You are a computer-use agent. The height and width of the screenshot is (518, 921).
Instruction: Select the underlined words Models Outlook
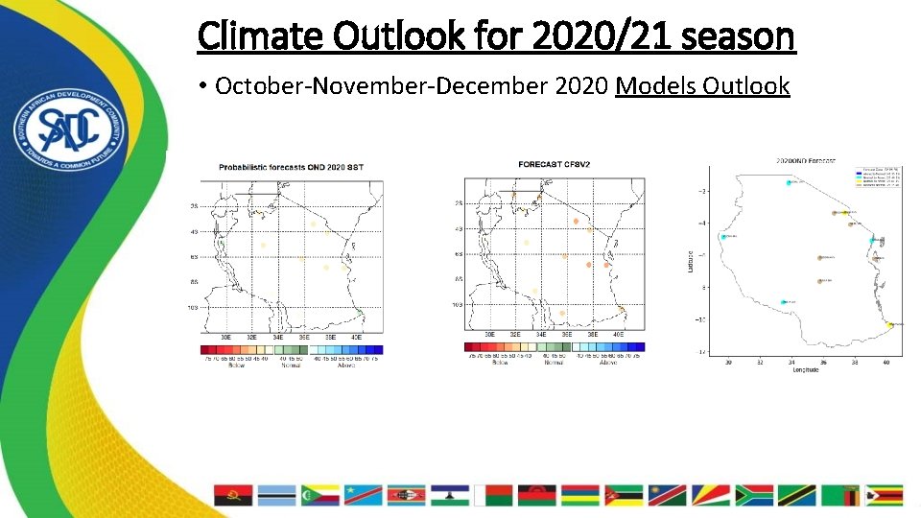[702, 86]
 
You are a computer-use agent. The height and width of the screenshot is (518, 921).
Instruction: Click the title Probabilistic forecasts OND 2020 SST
[291, 167]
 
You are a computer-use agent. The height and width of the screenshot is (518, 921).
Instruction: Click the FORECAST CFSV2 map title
[554, 164]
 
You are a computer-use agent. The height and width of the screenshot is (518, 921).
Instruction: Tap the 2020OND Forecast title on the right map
[806, 160]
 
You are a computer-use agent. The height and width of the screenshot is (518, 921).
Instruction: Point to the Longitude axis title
[805, 371]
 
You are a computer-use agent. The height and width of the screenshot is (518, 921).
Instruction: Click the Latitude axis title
[691, 259]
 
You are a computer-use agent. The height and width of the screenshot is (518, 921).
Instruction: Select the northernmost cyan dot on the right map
[789, 183]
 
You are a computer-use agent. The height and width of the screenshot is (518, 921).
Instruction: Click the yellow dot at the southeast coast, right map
[889, 324]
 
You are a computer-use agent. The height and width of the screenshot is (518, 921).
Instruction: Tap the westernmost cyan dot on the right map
[723, 237]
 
